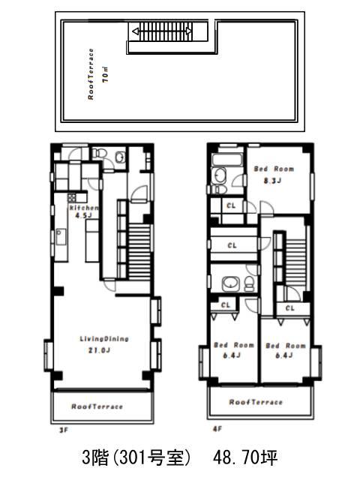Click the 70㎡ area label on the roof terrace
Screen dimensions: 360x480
(x=106, y=74)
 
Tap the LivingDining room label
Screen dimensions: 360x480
(x=104, y=339)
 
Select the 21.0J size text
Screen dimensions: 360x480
(x=99, y=350)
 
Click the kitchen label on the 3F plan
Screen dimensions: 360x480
(x=84, y=208)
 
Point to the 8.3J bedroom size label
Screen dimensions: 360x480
(x=272, y=181)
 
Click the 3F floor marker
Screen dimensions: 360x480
(x=63, y=430)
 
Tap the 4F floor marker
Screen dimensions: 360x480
(x=217, y=429)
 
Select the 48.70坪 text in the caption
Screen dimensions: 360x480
(x=245, y=458)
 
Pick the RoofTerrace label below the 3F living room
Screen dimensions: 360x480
(x=97, y=406)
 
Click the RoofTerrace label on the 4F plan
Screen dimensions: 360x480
(x=256, y=402)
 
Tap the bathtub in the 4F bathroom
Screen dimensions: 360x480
(x=227, y=159)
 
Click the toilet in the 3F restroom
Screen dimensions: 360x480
(x=99, y=152)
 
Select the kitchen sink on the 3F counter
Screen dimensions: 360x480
(x=61, y=237)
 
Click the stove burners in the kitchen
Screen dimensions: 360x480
(x=72, y=197)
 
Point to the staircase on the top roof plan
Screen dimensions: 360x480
(x=163, y=31)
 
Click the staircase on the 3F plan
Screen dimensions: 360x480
(x=139, y=251)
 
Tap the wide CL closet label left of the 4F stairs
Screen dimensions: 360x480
(x=232, y=245)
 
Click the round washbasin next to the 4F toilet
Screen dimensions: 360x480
(x=231, y=283)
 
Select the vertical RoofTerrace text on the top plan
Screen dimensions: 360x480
(x=91, y=74)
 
